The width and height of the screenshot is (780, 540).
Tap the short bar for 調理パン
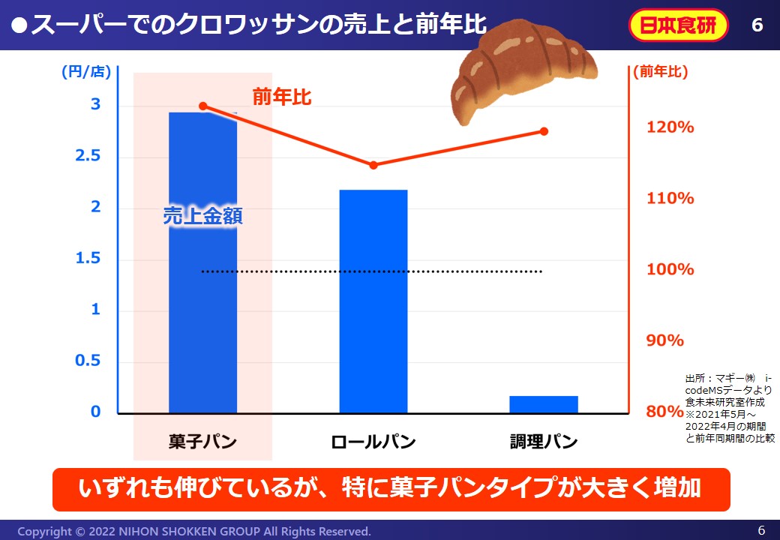(544, 404)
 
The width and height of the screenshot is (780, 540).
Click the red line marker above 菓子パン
(203, 106)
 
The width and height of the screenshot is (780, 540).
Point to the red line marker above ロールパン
(373, 165)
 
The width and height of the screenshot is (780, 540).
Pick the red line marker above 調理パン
(544, 131)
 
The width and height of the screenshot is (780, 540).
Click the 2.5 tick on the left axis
(95, 156)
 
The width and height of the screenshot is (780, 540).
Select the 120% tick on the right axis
(670, 127)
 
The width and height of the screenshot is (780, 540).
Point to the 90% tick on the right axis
(665, 340)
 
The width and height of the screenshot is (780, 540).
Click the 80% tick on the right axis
(665, 412)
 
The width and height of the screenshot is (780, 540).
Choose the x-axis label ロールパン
(373, 442)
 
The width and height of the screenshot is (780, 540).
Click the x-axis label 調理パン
(544, 442)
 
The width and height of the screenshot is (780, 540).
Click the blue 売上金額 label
(202, 217)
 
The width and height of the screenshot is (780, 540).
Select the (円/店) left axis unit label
(85, 72)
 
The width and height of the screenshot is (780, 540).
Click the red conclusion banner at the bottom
(390, 489)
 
